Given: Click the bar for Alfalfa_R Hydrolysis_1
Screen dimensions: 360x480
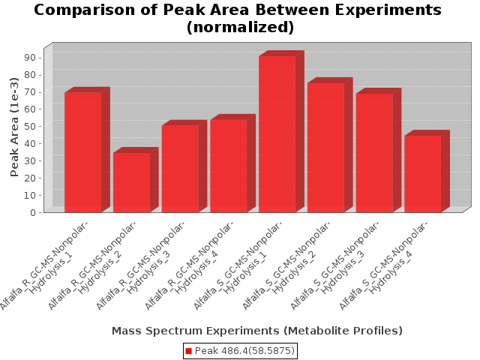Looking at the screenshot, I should coord(82,151).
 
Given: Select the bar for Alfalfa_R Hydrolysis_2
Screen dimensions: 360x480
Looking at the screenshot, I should coord(131,182).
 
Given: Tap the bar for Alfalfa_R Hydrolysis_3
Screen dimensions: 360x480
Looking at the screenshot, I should coord(180,168).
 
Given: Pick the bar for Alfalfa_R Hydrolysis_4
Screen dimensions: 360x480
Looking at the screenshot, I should coord(229,165).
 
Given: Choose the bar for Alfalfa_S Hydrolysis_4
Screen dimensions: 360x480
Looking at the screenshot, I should coord(423,173).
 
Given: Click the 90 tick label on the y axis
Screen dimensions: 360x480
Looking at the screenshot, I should coord(32,57).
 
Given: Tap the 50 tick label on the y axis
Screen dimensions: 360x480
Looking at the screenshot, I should coord(32,126).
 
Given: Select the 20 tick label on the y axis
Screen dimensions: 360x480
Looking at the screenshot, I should coord(32,178).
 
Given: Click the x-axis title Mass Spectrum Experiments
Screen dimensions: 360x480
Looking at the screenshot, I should coord(256,331).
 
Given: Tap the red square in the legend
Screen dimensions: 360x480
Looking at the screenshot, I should coord(189,351).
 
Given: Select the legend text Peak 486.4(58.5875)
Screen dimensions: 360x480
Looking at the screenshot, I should coord(244,351).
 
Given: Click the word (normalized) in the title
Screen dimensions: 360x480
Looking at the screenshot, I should coord(239,28).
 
